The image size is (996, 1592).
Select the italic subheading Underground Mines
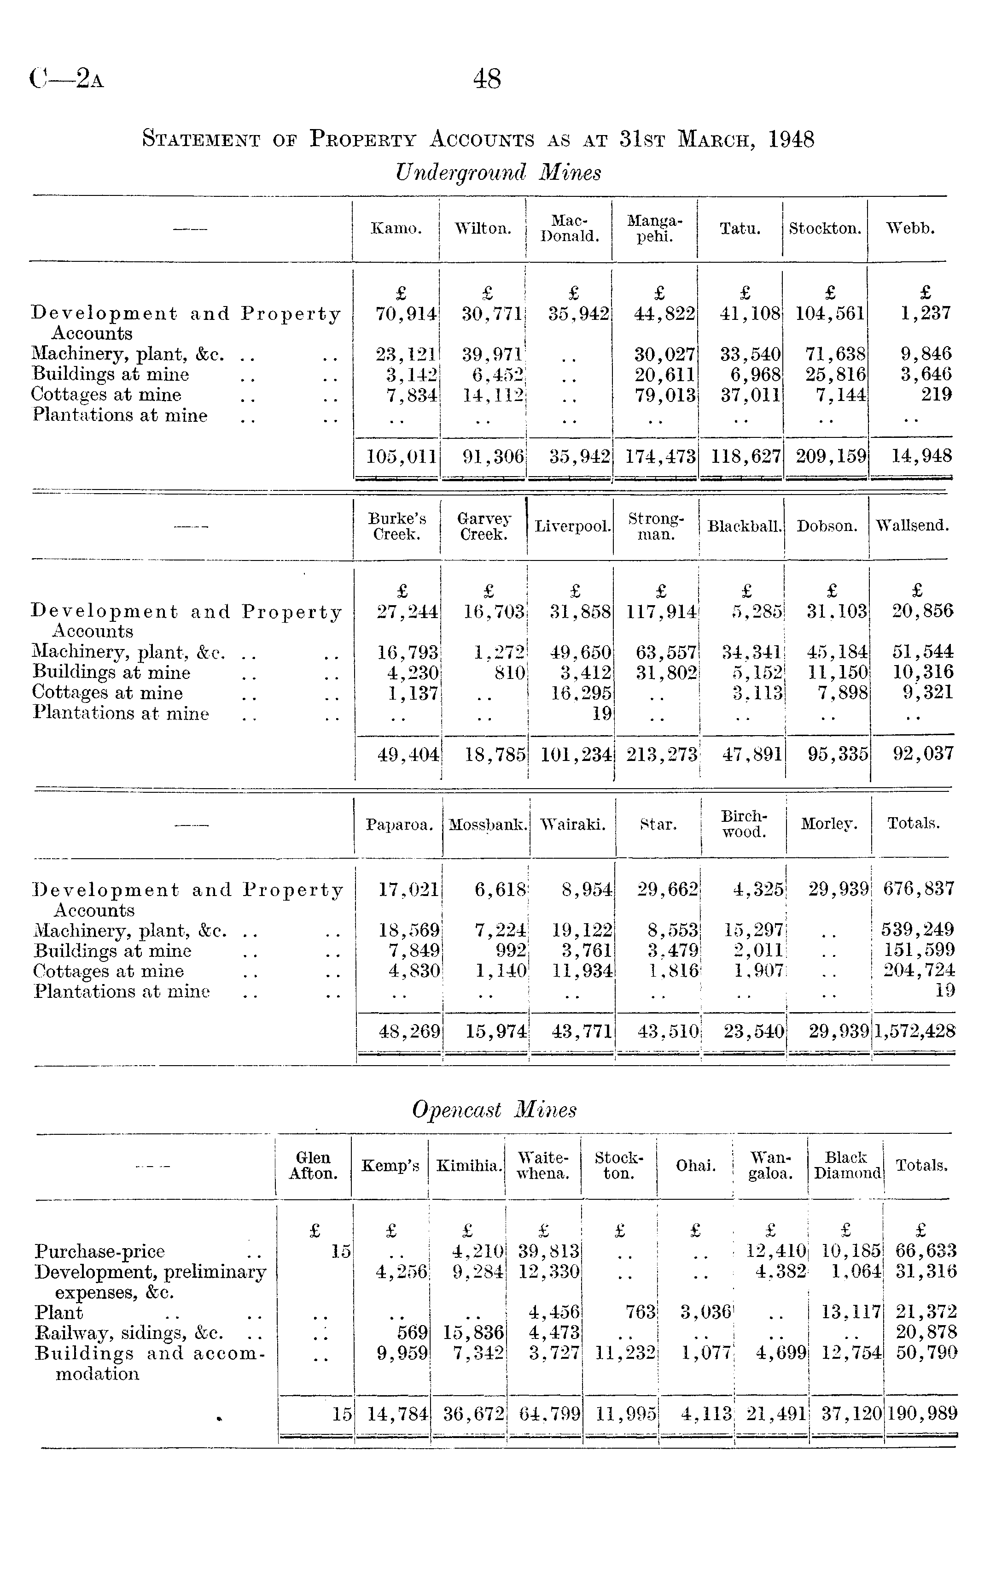(498, 173)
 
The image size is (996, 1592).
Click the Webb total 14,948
(921, 455)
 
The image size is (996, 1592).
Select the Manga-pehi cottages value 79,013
(664, 395)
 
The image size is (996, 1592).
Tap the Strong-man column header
(655, 526)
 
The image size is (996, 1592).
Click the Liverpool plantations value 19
(601, 713)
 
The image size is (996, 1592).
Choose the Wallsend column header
(912, 526)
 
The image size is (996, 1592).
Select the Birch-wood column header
(744, 824)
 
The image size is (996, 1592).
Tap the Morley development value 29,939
(839, 889)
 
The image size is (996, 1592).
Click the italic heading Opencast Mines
(494, 1110)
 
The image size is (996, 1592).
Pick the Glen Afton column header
(313, 1166)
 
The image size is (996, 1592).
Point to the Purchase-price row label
(99, 1251)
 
